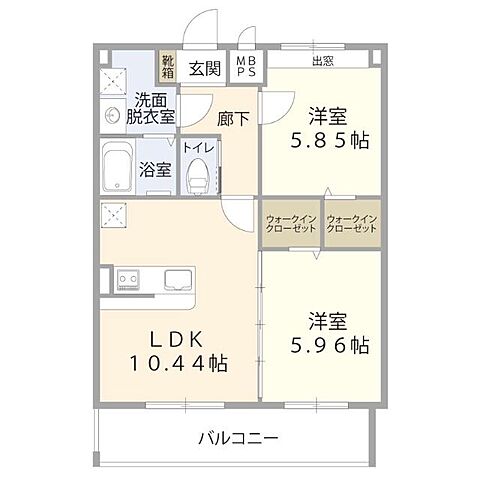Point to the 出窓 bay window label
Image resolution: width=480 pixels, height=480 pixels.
coord(323,59)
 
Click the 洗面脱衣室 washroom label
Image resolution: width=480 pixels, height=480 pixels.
coord(150,108)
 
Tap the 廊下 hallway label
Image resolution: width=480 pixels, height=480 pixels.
coord(233,117)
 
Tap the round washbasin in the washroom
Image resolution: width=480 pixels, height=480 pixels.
coord(111,115)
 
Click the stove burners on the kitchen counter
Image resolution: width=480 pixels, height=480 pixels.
coord(126,277)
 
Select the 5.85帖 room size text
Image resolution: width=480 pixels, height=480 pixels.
coord(330,141)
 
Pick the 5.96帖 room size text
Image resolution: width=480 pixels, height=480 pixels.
coord(330,347)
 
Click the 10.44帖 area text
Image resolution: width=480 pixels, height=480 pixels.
coord(177,363)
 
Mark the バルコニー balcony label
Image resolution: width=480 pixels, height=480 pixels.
coord(237,437)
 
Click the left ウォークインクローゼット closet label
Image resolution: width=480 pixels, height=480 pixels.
coord(291,224)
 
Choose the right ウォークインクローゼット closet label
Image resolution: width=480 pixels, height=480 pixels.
coord(352,224)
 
